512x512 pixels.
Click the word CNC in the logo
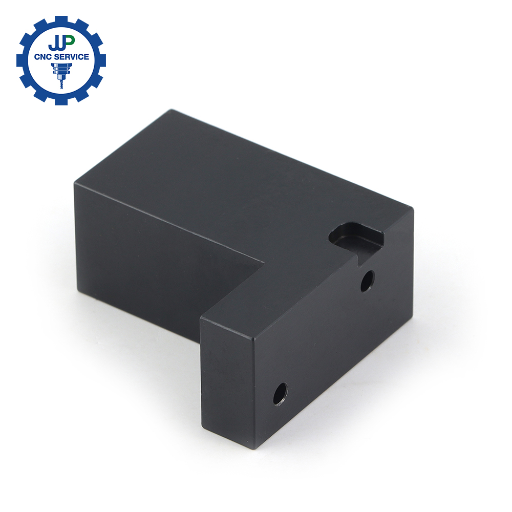[42, 57]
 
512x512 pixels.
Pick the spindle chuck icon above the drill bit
[61, 70]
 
